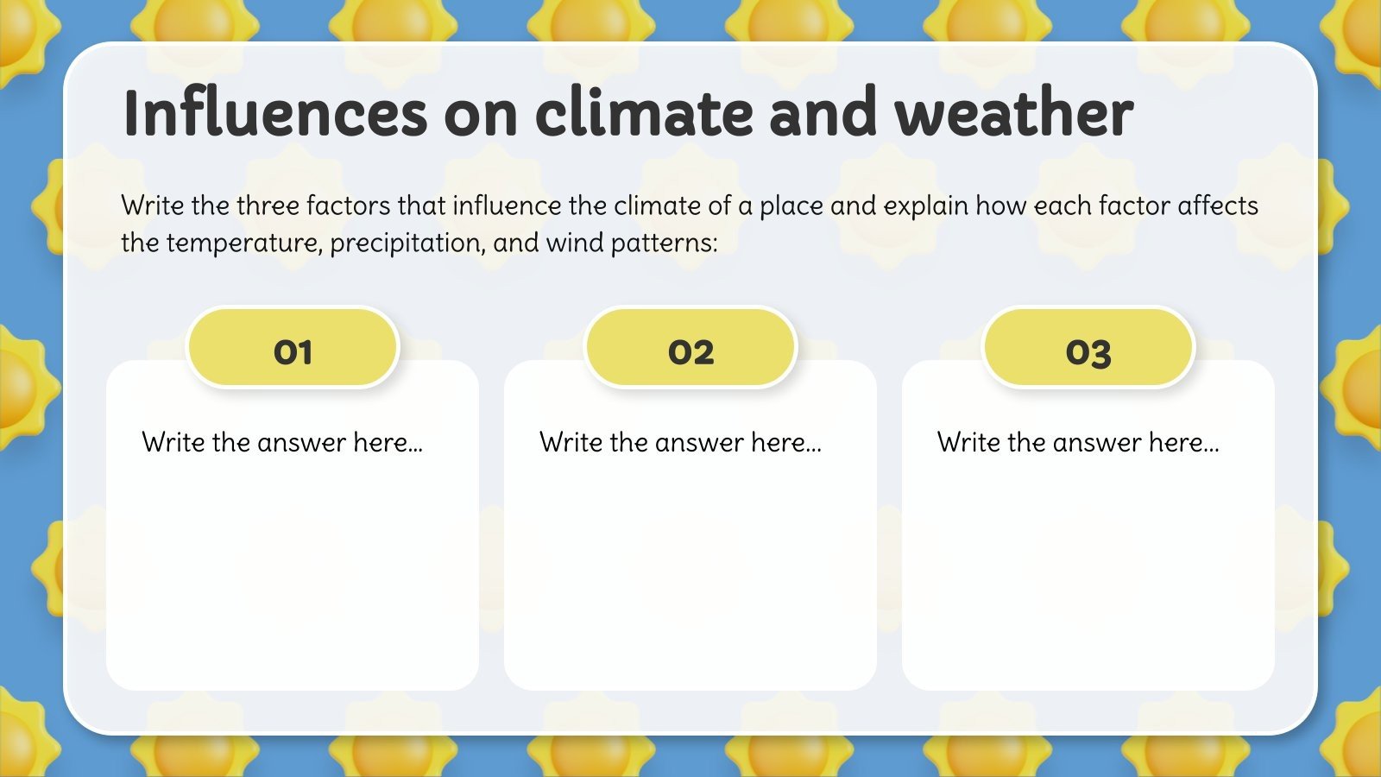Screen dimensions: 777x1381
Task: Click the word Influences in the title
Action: point(274,114)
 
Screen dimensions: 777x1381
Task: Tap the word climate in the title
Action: point(642,114)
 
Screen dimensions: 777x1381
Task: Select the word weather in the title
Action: point(1013,114)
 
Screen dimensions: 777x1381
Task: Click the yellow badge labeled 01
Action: point(293,349)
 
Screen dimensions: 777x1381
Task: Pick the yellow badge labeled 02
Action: point(690,349)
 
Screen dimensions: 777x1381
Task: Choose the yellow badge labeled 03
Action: point(1088,349)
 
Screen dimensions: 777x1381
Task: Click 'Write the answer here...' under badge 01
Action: point(282,443)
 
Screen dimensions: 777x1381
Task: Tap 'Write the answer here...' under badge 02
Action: point(680,443)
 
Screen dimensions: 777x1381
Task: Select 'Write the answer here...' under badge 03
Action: point(1078,443)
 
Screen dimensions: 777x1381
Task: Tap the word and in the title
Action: point(823,114)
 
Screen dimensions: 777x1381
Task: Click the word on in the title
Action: point(481,114)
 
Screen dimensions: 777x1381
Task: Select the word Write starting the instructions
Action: point(152,206)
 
